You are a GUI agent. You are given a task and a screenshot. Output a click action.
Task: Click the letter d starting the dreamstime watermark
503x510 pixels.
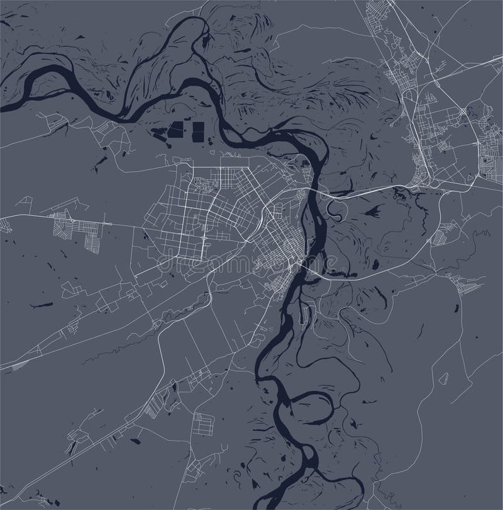pos(162,263)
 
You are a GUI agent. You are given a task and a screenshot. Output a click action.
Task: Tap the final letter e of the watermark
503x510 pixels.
pos(343,263)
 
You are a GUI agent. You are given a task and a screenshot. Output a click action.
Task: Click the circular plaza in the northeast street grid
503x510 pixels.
pos(463,111)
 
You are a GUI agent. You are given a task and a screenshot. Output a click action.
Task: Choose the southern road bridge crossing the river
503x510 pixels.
pos(308,269)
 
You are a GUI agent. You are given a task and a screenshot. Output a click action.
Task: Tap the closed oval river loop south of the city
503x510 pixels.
pos(314,409)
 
